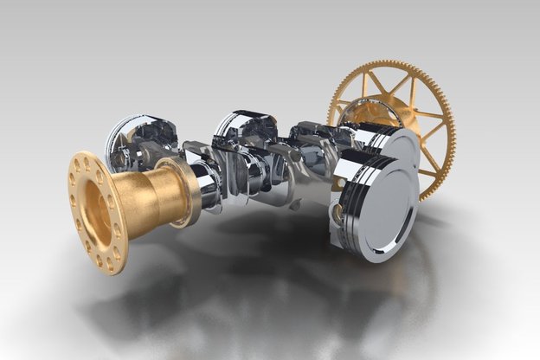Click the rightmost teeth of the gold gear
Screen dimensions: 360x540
click(x=451, y=130)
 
